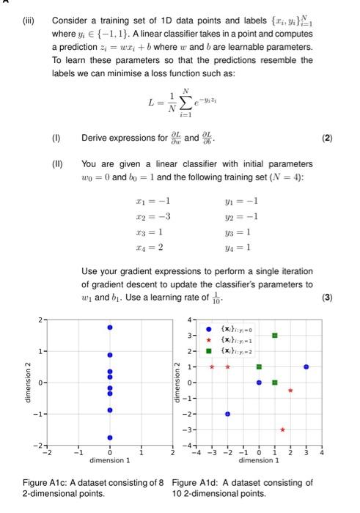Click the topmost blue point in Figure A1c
(x=110, y=328)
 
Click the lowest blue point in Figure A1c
(x=110, y=438)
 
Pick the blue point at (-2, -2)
(x=227, y=414)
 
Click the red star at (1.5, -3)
(x=283, y=429)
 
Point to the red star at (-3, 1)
(x=211, y=366)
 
